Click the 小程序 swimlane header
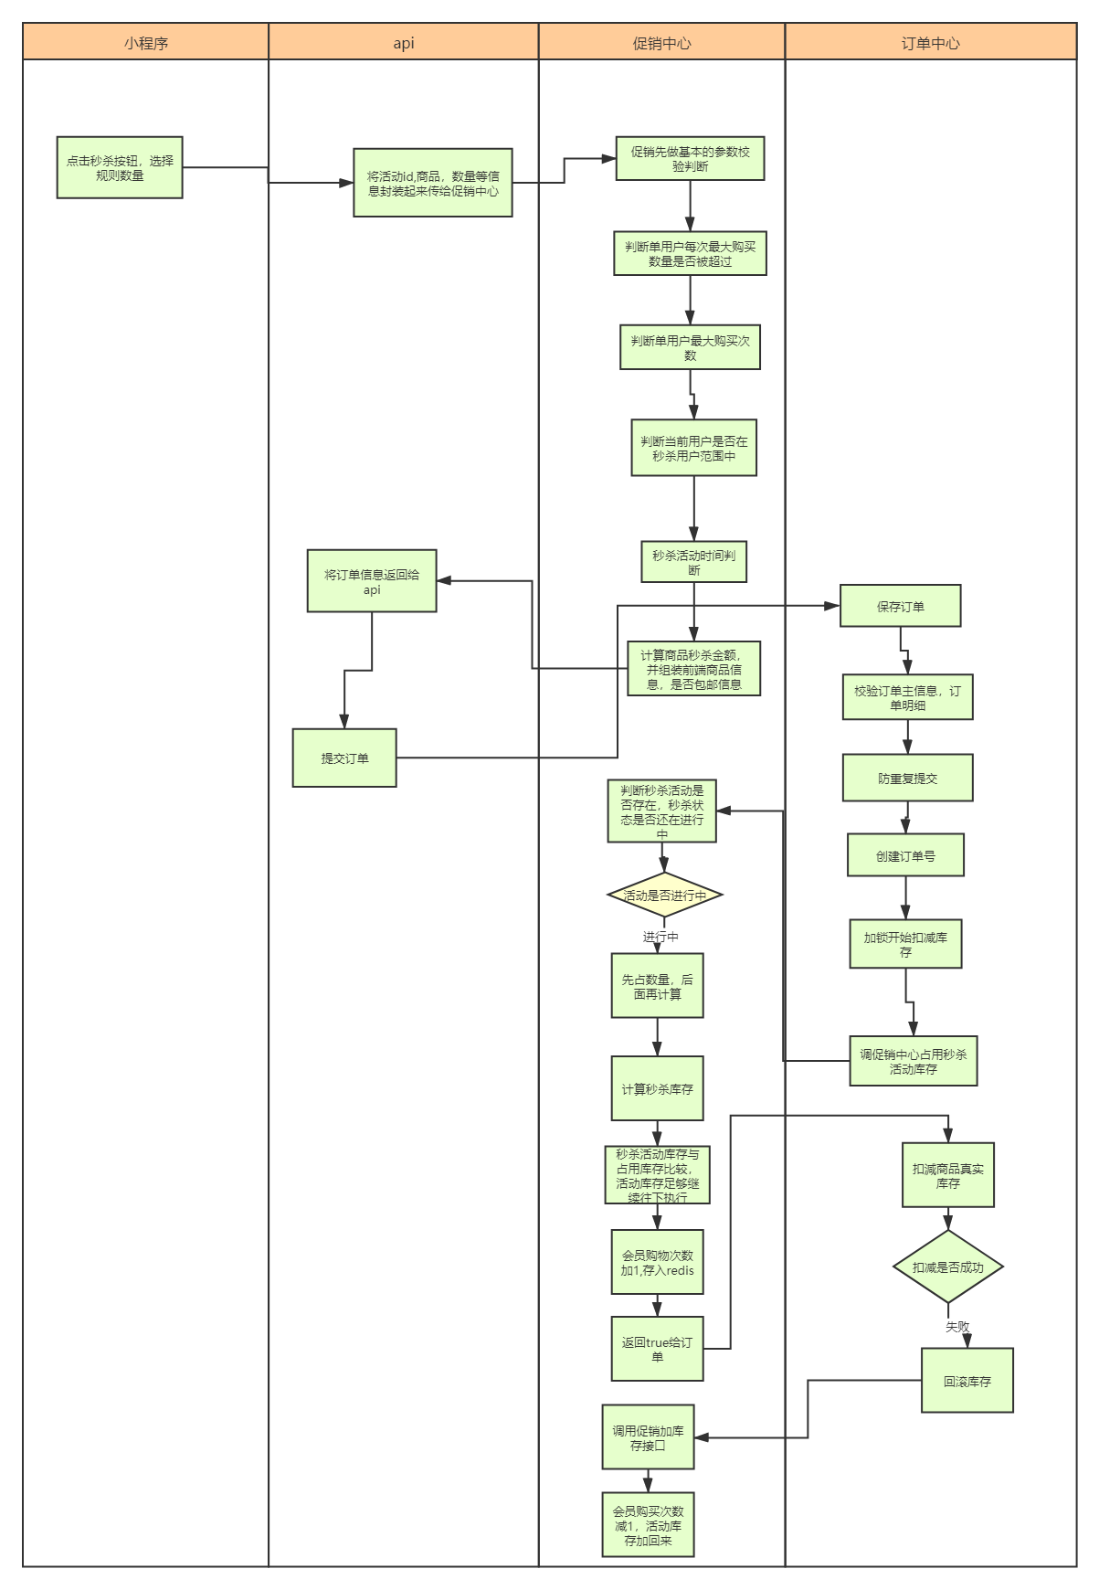[146, 42]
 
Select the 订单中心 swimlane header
[930, 42]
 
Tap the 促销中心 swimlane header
[661, 42]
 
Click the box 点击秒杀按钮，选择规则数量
[120, 167]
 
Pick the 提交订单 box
[344, 758]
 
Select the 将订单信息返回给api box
[372, 581]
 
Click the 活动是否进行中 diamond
[665, 896]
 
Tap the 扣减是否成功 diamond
[947, 1267]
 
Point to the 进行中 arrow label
[660, 937]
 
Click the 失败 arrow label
[957, 1326]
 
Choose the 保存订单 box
[900, 606]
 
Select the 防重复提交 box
[907, 779]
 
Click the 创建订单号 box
[905, 856]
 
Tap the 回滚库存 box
[967, 1381]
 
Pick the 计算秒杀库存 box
[657, 1089]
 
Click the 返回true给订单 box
[657, 1349]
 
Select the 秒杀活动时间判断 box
[693, 562]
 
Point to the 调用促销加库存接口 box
[648, 1437]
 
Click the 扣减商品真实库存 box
[947, 1175]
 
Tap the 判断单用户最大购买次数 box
[690, 347]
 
